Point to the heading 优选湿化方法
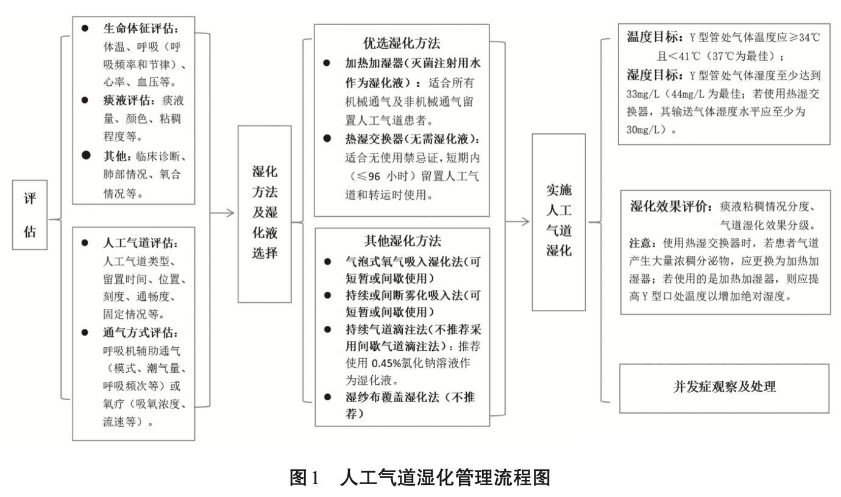402,44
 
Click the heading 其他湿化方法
402,241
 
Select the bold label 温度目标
651,38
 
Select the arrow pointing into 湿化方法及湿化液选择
223,213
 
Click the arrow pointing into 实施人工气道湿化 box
518,220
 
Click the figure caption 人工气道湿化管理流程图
445,477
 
